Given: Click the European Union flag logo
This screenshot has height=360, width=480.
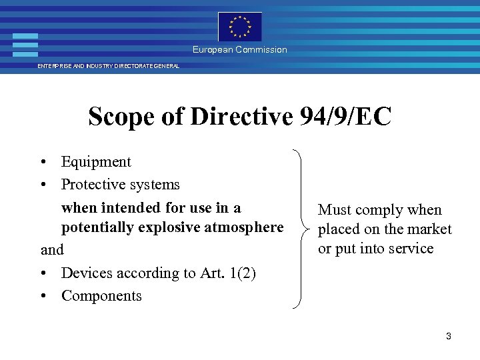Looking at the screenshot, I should (x=240, y=27).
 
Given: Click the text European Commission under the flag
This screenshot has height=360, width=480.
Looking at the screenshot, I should (x=240, y=50).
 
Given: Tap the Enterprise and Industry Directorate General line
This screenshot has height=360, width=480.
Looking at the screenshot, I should (x=108, y=67).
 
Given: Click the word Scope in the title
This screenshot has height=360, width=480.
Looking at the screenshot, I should (x=121, y=117).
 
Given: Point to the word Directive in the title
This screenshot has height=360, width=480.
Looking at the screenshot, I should (x=241, y=117).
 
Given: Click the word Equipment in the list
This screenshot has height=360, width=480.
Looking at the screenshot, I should (x=96, y=162).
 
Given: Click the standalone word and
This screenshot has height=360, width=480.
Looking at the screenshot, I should (x=52, y=250).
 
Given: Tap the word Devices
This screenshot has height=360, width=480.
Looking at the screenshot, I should (x=87, y=273).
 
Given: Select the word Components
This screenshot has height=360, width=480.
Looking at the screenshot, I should (x=101, y=296).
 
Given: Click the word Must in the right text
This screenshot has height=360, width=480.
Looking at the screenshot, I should (x=336, y=210).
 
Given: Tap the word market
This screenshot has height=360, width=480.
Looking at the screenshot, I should (x=429, y=229).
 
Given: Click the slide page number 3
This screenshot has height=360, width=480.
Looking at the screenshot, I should (x=449, y=337).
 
